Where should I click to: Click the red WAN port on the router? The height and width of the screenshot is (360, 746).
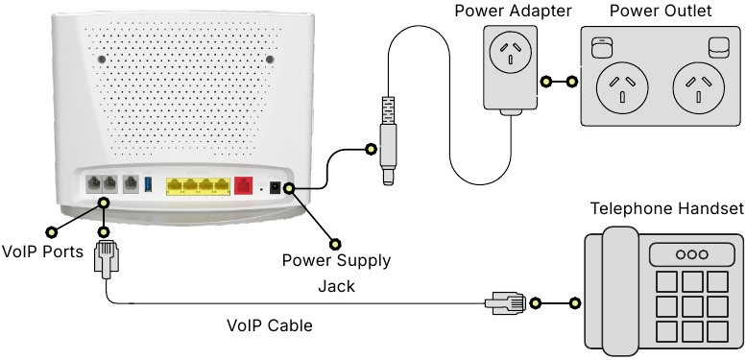click(x=244, y=184)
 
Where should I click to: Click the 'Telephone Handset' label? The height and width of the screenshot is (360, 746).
click(x=666, y=208)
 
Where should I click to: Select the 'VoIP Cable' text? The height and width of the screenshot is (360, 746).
click(x=269, y=325)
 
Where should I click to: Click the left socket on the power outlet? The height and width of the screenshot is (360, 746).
click(x=617, y=88)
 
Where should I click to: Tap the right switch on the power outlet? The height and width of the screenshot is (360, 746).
click(x=716, y=45)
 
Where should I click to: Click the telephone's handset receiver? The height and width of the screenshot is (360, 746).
click(x=609, y=293)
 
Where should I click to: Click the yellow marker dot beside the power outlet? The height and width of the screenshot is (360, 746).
click(x=574, y=83)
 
